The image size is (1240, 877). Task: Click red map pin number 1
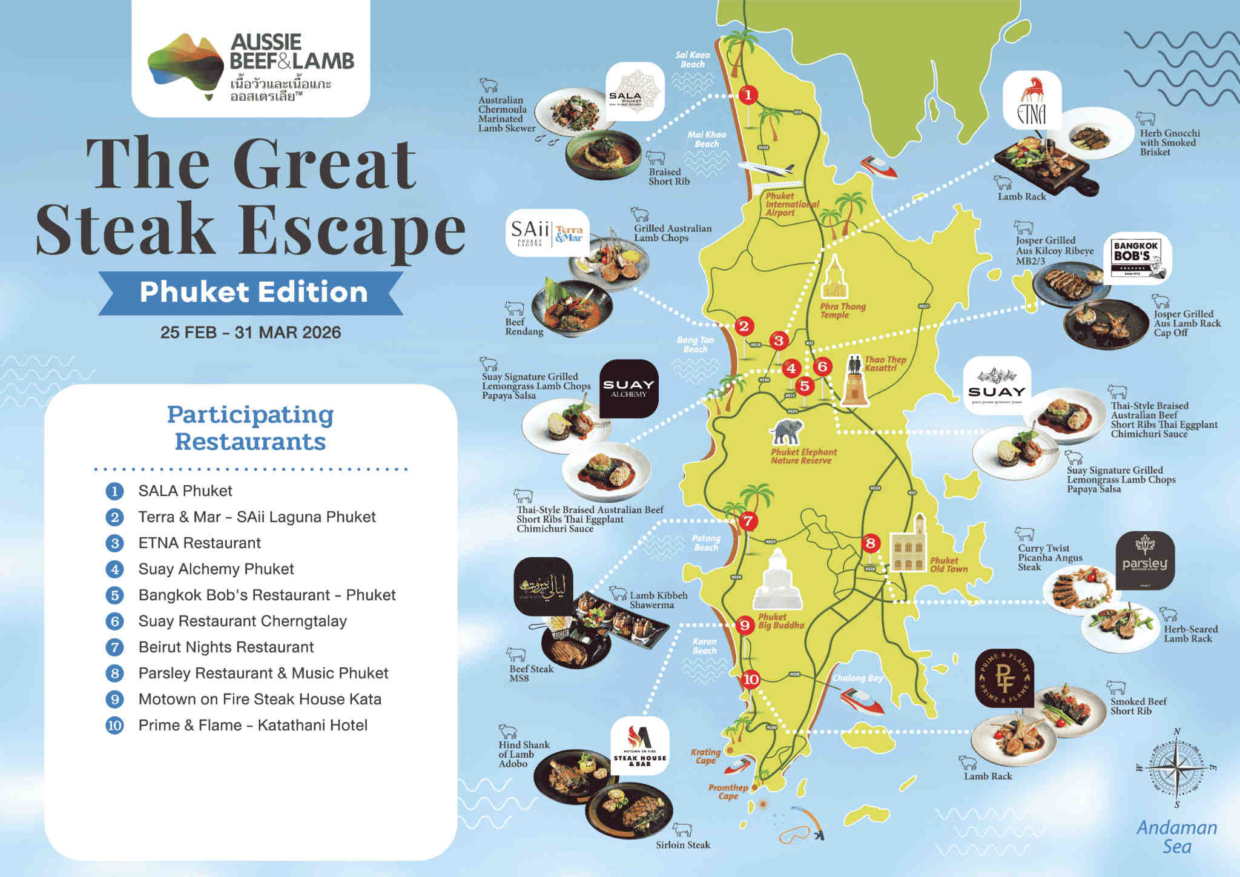click(748, 94)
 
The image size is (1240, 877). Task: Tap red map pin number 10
click(751, 679)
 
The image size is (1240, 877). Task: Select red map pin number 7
click(748, 520)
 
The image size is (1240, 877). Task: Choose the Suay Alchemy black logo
click(628, 388)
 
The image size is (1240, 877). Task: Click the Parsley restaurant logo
click(1144, 560)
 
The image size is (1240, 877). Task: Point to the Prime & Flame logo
click(1004, 678)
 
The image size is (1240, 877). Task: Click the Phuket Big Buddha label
click(781, 621)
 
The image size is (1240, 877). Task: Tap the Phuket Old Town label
click(948, 564)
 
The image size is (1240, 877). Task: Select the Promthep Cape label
click(728, 792)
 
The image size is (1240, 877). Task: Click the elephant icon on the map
click(787, 432)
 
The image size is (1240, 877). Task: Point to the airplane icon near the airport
click(765, 168)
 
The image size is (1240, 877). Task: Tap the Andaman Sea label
click(1176, 836)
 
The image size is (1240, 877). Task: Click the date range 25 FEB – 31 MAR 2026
click(251, 333)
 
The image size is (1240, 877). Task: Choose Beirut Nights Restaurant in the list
click(226, 647)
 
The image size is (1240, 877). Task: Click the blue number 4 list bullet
click(114, 569)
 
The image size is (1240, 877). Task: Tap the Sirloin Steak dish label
click(682, 845)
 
